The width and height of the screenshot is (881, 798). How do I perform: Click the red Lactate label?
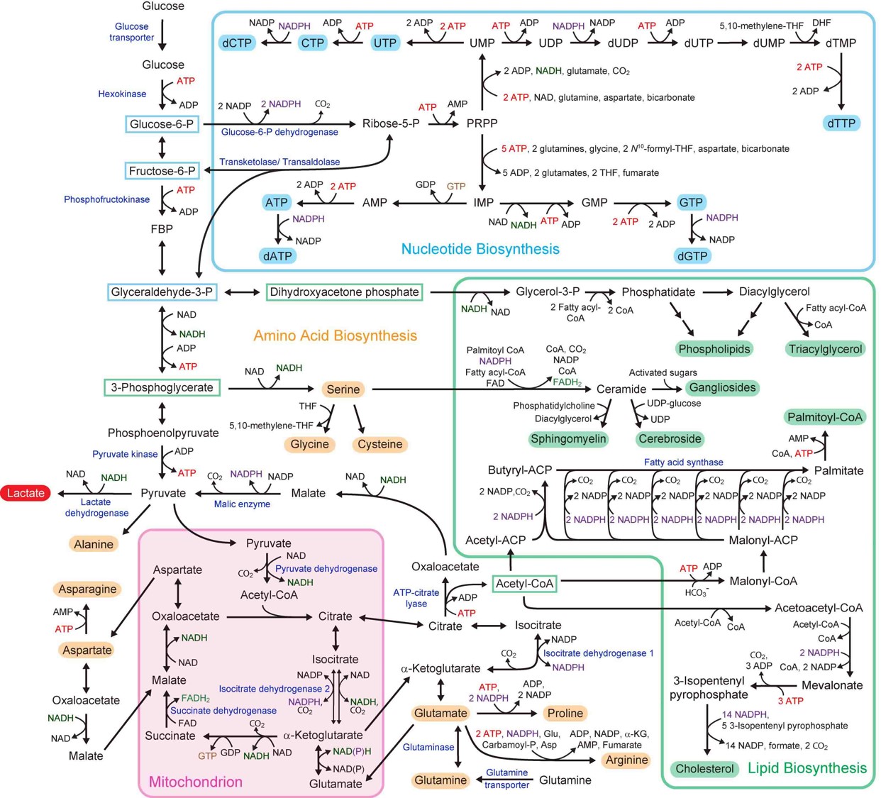pos(26,493)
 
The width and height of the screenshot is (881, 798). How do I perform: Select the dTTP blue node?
pos(842,123)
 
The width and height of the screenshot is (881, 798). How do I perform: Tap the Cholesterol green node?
pos(704,769)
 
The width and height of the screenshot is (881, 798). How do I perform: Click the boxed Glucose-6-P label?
pos(162,124)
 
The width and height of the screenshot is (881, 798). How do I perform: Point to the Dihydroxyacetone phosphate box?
pos(344,292)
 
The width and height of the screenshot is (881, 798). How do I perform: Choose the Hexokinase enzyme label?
pos(122,94)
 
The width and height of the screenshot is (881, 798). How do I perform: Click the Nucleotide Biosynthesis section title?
pos(480,249)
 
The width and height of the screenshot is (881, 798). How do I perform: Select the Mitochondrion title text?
pos(195,782)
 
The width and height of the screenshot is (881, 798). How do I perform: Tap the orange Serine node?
pos(343,389)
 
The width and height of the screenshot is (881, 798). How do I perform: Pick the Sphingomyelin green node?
pos(568,439)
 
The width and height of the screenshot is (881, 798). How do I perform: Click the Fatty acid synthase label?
pos(683,462)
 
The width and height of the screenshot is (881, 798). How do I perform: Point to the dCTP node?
pos(237,43)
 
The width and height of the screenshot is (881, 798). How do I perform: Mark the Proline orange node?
pos(565,713)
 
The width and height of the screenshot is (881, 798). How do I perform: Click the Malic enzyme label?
pos(242,504)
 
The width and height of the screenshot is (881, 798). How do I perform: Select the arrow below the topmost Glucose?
pos(162,35)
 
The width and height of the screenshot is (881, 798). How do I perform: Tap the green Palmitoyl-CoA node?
pos(825,417)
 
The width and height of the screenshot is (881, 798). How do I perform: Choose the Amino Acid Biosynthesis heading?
pos(335,336)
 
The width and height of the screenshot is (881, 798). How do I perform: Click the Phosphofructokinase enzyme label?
pos(106,199)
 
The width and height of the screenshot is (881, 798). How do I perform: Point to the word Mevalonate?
pos(832,685)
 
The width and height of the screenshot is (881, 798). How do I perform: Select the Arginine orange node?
pos(626,760)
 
